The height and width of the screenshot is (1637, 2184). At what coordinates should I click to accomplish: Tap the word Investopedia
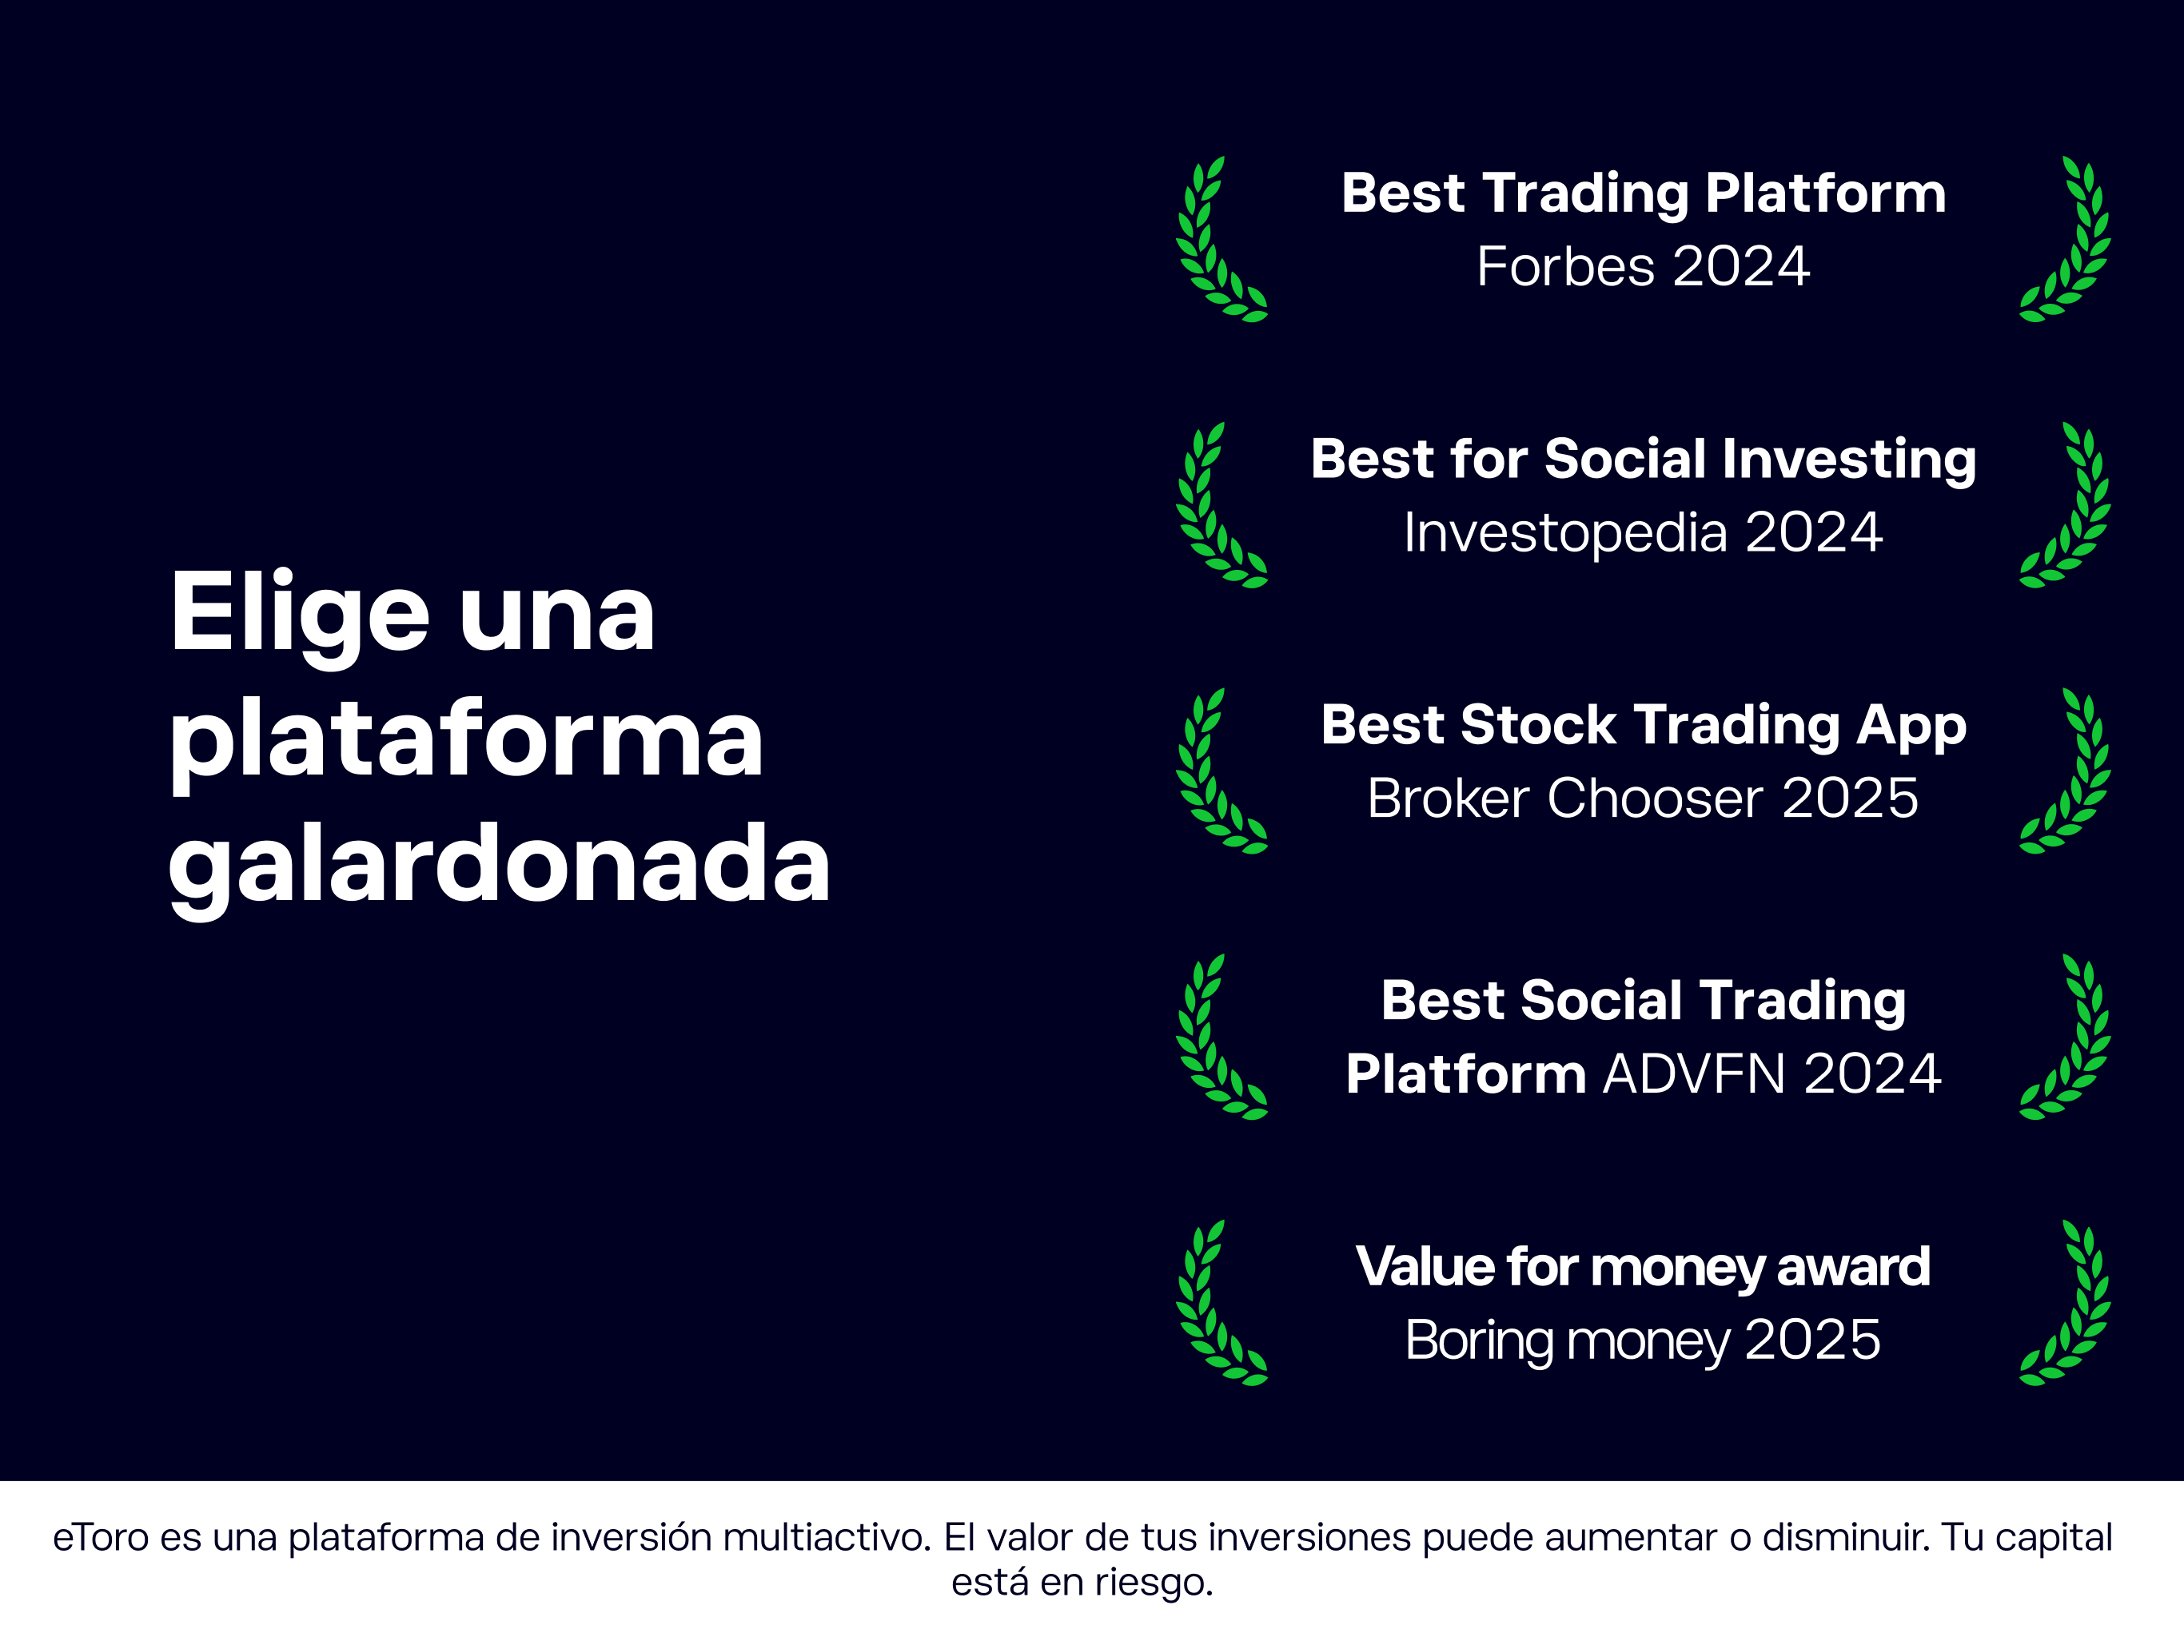tap(1565, 533)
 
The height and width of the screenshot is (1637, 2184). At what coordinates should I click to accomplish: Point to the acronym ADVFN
tap(1693, 1074)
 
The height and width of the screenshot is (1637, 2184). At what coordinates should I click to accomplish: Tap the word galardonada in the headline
tap(499, 865)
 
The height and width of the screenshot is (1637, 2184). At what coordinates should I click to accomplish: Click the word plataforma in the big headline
tap(466, 740)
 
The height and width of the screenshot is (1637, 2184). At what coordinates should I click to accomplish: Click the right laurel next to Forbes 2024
tap(2066, 240)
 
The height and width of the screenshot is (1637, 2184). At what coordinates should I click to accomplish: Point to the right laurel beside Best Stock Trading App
tap(2066, 771)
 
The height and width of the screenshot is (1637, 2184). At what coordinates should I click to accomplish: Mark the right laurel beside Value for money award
tap(2066, 1303)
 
